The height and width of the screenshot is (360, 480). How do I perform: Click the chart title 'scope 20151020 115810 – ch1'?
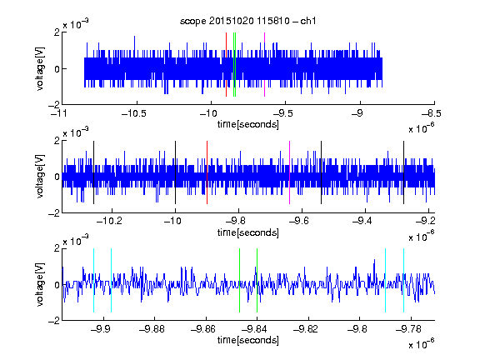248,21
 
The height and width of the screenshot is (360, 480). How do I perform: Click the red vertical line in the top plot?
226,65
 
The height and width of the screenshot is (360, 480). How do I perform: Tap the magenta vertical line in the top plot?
264,65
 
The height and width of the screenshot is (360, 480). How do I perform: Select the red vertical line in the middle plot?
207,172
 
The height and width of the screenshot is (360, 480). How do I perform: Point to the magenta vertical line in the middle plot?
290,172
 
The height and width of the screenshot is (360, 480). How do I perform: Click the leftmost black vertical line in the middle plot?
93,172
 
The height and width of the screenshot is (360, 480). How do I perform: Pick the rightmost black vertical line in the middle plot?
403,172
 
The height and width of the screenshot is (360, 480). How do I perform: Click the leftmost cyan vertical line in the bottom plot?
93,280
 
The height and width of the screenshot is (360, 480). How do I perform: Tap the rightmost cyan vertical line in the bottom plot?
403,280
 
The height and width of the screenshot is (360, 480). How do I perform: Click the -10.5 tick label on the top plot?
134,113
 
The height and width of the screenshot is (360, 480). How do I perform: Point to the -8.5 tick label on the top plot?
431,113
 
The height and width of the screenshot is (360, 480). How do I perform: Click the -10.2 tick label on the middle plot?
109,221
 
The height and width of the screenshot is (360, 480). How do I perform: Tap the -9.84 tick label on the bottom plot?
254,329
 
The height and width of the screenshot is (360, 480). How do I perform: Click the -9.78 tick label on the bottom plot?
408,329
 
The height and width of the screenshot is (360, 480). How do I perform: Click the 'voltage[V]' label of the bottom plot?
40,285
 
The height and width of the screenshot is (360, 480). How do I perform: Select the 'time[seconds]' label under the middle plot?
248,232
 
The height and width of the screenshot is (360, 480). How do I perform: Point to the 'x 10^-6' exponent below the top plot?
422,128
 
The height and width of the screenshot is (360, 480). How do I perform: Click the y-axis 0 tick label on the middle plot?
57,177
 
